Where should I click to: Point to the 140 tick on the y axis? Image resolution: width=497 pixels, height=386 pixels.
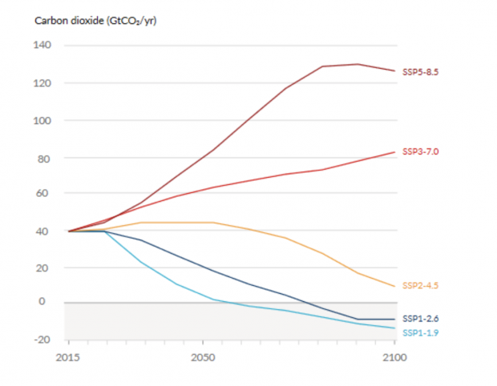(42, 46)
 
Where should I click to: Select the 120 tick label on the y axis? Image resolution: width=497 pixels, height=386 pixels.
(42, 83)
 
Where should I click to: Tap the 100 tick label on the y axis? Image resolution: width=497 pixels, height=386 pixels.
(42, 121)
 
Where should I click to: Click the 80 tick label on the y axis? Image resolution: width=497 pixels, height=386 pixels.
(45, 159)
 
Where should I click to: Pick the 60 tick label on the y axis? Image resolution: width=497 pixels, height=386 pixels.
(45, 193)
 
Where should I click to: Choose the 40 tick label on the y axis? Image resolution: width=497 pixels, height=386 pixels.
(45, 231)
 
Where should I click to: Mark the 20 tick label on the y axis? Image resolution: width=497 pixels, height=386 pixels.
(45, 268)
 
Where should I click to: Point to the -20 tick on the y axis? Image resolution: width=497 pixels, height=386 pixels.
(42, 340)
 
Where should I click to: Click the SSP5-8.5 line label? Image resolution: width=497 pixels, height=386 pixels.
(421, 72)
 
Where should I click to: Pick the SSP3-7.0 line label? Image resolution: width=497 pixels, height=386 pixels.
(421, 151)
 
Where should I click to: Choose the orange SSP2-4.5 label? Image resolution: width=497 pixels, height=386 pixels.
(421, 286)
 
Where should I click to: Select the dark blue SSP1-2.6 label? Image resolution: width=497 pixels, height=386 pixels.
(421, 319)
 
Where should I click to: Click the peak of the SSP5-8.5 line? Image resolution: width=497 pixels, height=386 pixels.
(358, 64)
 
